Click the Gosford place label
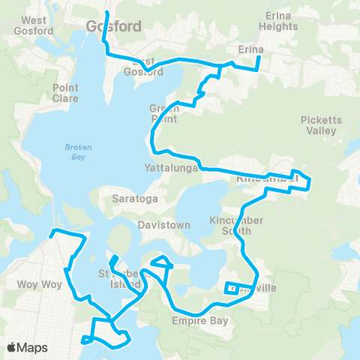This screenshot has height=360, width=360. [x=114, y=25]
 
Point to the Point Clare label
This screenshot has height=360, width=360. [x=65, y=93]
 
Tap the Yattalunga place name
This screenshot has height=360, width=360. [x=170, y=169]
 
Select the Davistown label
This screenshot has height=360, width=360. [x=160, y=224]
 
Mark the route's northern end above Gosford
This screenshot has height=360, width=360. [x=106, y=13]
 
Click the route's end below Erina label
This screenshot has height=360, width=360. [x=259, y=70]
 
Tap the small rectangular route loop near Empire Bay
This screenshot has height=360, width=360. [x=232, y=288]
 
